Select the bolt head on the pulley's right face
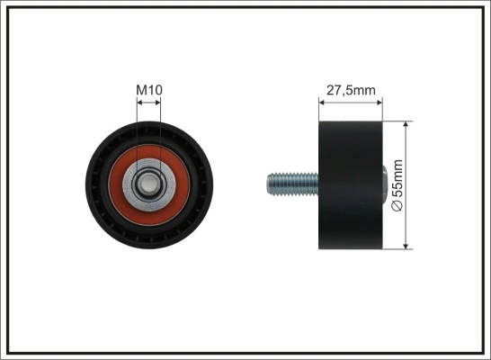pyautogui.click(x=386, y=184)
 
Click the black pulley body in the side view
pyautogui.click(x=351, y=184)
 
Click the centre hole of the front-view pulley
pyautogui.click(x=148, y=184)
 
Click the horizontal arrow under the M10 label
pyautogui.click(x=148, y=102)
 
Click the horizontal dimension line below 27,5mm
pyautogui.click(x=351, y=102)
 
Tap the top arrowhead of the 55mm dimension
pyautogui.click(x=409, y=124)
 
